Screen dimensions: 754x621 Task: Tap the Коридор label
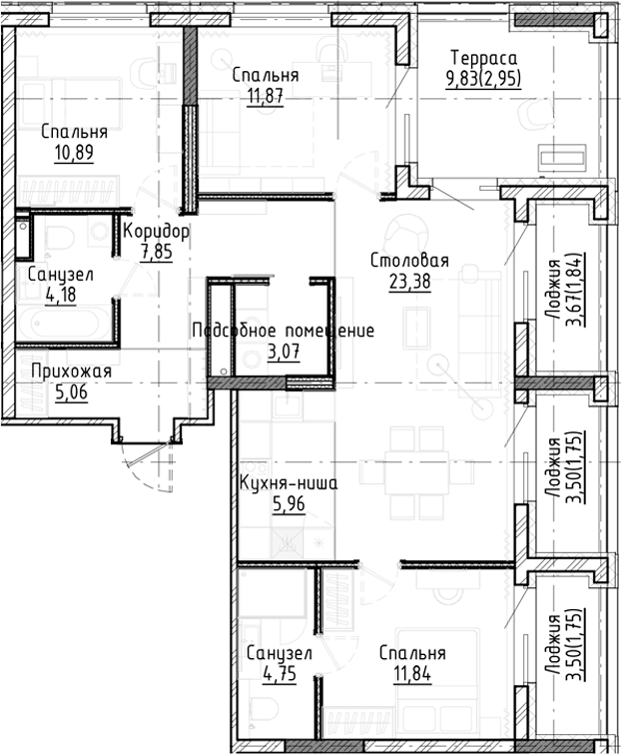tap(156, 232)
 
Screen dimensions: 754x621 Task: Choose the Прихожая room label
tap(70, 372)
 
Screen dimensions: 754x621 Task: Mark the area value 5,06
tap(70, 392)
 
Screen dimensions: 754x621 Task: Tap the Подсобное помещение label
tap(283, 331)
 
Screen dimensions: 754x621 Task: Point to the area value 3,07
tap(284, 352)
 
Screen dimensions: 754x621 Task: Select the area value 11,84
tap(411, 674)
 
